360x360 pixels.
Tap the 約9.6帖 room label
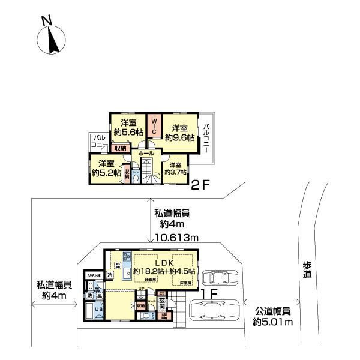(x=181, y=133)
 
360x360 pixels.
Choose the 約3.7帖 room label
(x=175, y=169)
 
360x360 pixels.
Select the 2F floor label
(x=199, y=186)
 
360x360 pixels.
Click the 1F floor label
(x=208, y=294)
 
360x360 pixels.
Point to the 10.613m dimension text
(x=177, y=238)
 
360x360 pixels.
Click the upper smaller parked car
(x=220, y=277)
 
